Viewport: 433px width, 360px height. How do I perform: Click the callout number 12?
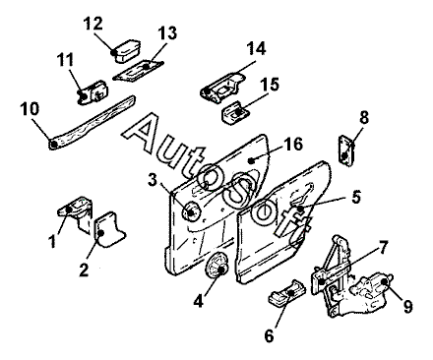click(93, 24)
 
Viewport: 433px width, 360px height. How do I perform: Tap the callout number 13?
click(167, 33)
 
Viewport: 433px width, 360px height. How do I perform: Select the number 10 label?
click(30, 109)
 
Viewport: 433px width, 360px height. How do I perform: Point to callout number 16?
click(293, 144)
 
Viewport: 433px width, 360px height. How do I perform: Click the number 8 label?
click(364, 117)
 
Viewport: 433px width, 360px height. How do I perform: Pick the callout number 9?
click(407, 307)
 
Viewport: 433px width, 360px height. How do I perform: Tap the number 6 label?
click(269, 335)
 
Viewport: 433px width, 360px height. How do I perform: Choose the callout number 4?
click(198, 301)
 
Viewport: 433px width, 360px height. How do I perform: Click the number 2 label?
click(84, 270)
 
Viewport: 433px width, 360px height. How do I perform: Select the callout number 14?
click(256, 48)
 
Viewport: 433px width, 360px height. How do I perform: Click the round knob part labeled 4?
click(216, 266)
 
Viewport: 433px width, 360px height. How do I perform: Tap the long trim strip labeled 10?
click(92, 123)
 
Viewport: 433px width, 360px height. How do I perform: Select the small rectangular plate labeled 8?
click(346, 151)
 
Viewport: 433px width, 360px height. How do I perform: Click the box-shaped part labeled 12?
click(127, 50)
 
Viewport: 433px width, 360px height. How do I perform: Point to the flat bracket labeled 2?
click(109, 228)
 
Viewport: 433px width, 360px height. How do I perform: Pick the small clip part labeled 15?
click(236, 112)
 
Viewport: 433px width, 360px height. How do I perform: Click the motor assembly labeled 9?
click(370, 291)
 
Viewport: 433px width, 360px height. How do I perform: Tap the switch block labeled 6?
click(287, 294)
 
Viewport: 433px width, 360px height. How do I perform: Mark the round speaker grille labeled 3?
click(191, 211)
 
